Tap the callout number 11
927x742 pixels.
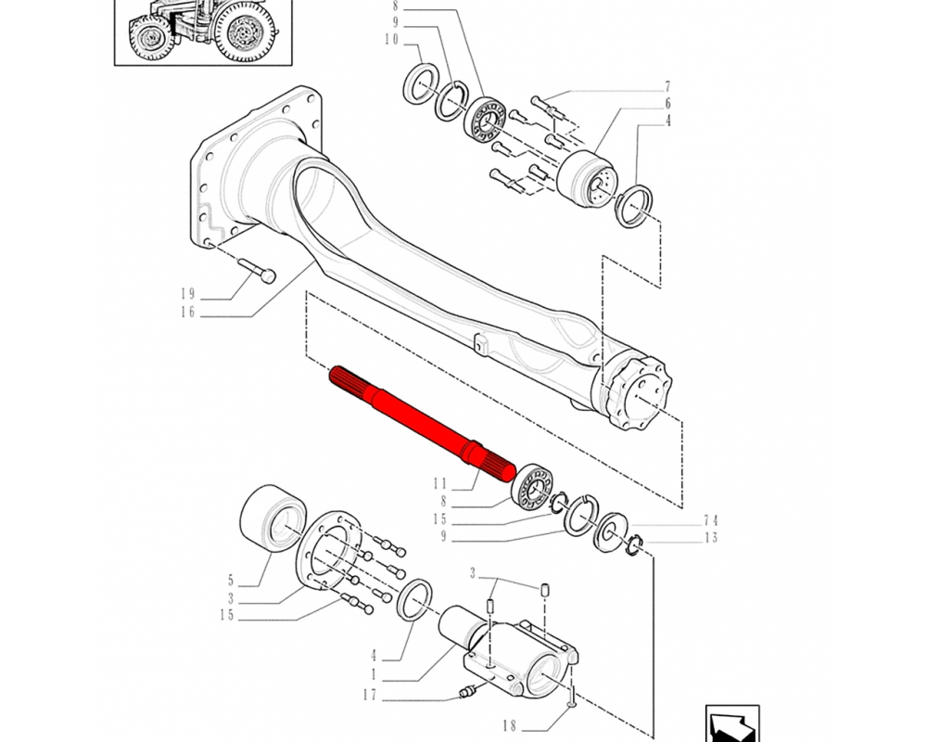[440, 484]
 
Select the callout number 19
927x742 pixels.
[188, 293]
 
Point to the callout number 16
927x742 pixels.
[188, 312]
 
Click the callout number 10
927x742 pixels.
[392, 40]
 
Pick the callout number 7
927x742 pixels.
[667, 86]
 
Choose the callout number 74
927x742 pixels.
[711, 520]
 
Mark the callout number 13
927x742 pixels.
[711, 538]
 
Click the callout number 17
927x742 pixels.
[370, 695]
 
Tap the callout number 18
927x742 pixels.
[510, 725]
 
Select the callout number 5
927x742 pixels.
[231, 581]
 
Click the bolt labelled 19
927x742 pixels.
[256, 269]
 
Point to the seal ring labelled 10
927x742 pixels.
[420, 85]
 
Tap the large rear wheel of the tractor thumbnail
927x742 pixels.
[246, 31]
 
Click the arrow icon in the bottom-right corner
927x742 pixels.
[732, 723]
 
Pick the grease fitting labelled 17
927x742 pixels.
[468, 691]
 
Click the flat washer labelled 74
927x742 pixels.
[610, 532]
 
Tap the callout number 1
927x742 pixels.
[374, 674]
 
